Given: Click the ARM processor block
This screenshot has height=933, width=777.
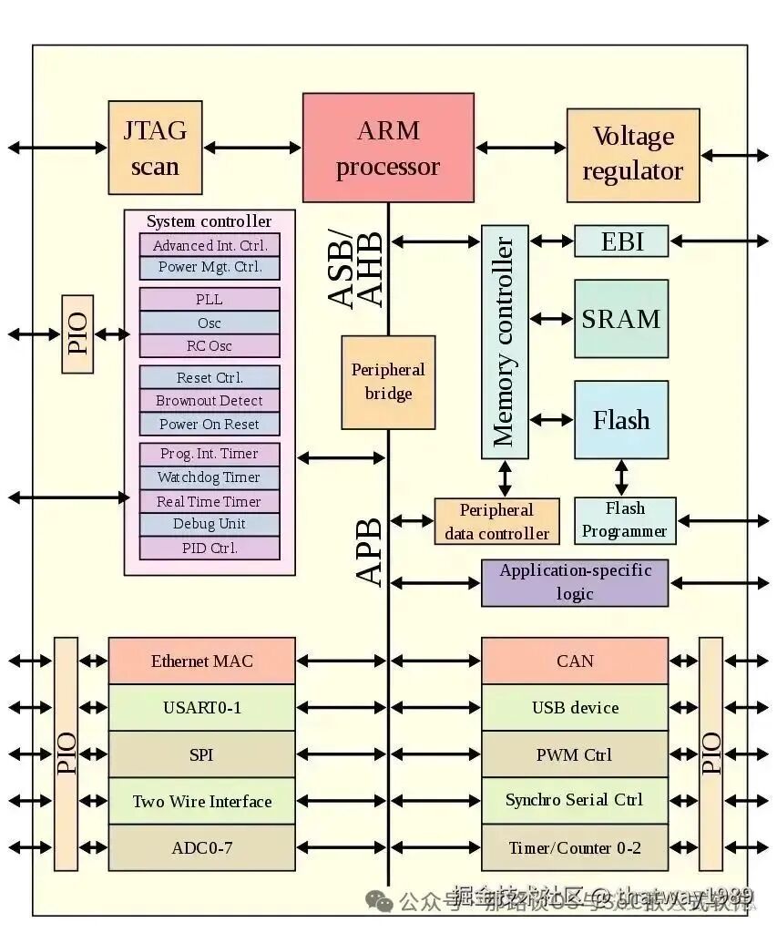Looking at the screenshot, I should (x=388, y=148).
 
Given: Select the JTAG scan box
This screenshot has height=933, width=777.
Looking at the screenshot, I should (x=155, y=148).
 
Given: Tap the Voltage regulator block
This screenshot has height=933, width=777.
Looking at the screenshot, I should (x=633, y=155).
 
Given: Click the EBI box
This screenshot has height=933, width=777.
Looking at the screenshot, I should (x=621, y=241).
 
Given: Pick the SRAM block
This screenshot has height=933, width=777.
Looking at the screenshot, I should (x=621, y=319).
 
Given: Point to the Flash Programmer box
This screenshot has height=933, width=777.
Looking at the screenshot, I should (x=625, y=520).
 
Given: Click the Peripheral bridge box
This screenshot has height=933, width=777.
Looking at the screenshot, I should (x=388, y=382).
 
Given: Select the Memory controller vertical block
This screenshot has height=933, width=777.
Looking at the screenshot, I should (x=504, y=342).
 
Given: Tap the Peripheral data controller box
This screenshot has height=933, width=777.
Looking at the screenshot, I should (x=496, y=522).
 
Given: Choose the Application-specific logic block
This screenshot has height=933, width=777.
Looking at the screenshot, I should (x=575, y=583).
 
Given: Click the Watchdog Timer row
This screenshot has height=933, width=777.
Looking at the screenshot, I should (x=209, y=477).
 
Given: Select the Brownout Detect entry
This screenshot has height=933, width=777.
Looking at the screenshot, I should (x=209, y=401).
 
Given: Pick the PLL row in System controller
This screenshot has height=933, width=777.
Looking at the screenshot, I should (x=209, y=300).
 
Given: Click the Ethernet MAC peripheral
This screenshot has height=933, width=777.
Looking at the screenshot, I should (x=202, y=661).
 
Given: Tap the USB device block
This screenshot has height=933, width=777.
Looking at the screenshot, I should (x=575, y=708).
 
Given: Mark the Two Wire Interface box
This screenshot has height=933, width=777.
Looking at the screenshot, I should (x=202, y=802).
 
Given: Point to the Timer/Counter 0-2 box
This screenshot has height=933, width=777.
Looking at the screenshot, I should (x=575, y=848).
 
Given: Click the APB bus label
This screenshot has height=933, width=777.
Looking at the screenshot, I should (x=369, y=552).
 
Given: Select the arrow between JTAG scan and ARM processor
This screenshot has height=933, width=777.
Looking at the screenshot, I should (x=252, y=147).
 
